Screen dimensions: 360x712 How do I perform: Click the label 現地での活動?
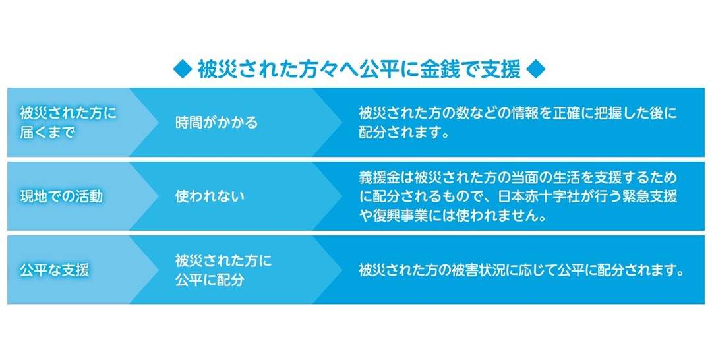(61, 196)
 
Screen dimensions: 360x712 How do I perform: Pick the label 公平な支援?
(55, 270)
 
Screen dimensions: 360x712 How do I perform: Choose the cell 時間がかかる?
(216, 123)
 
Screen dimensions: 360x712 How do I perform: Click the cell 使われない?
(209, 196)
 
